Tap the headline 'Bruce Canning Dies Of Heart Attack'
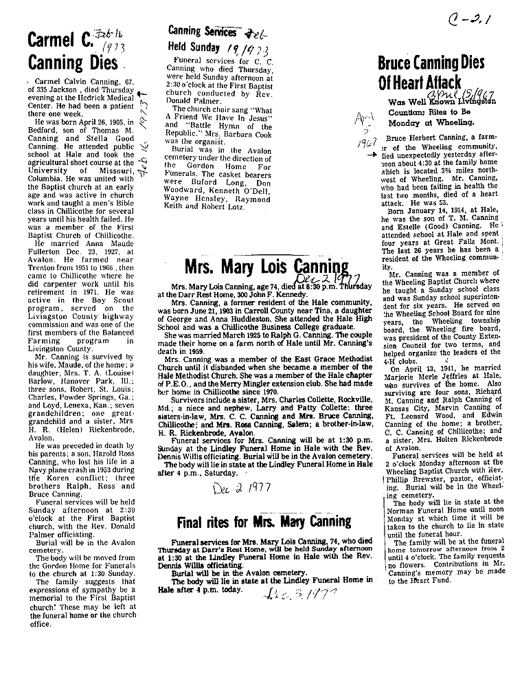click(x=431, y=73)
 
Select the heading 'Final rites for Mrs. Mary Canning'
click(x=264, y=521)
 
